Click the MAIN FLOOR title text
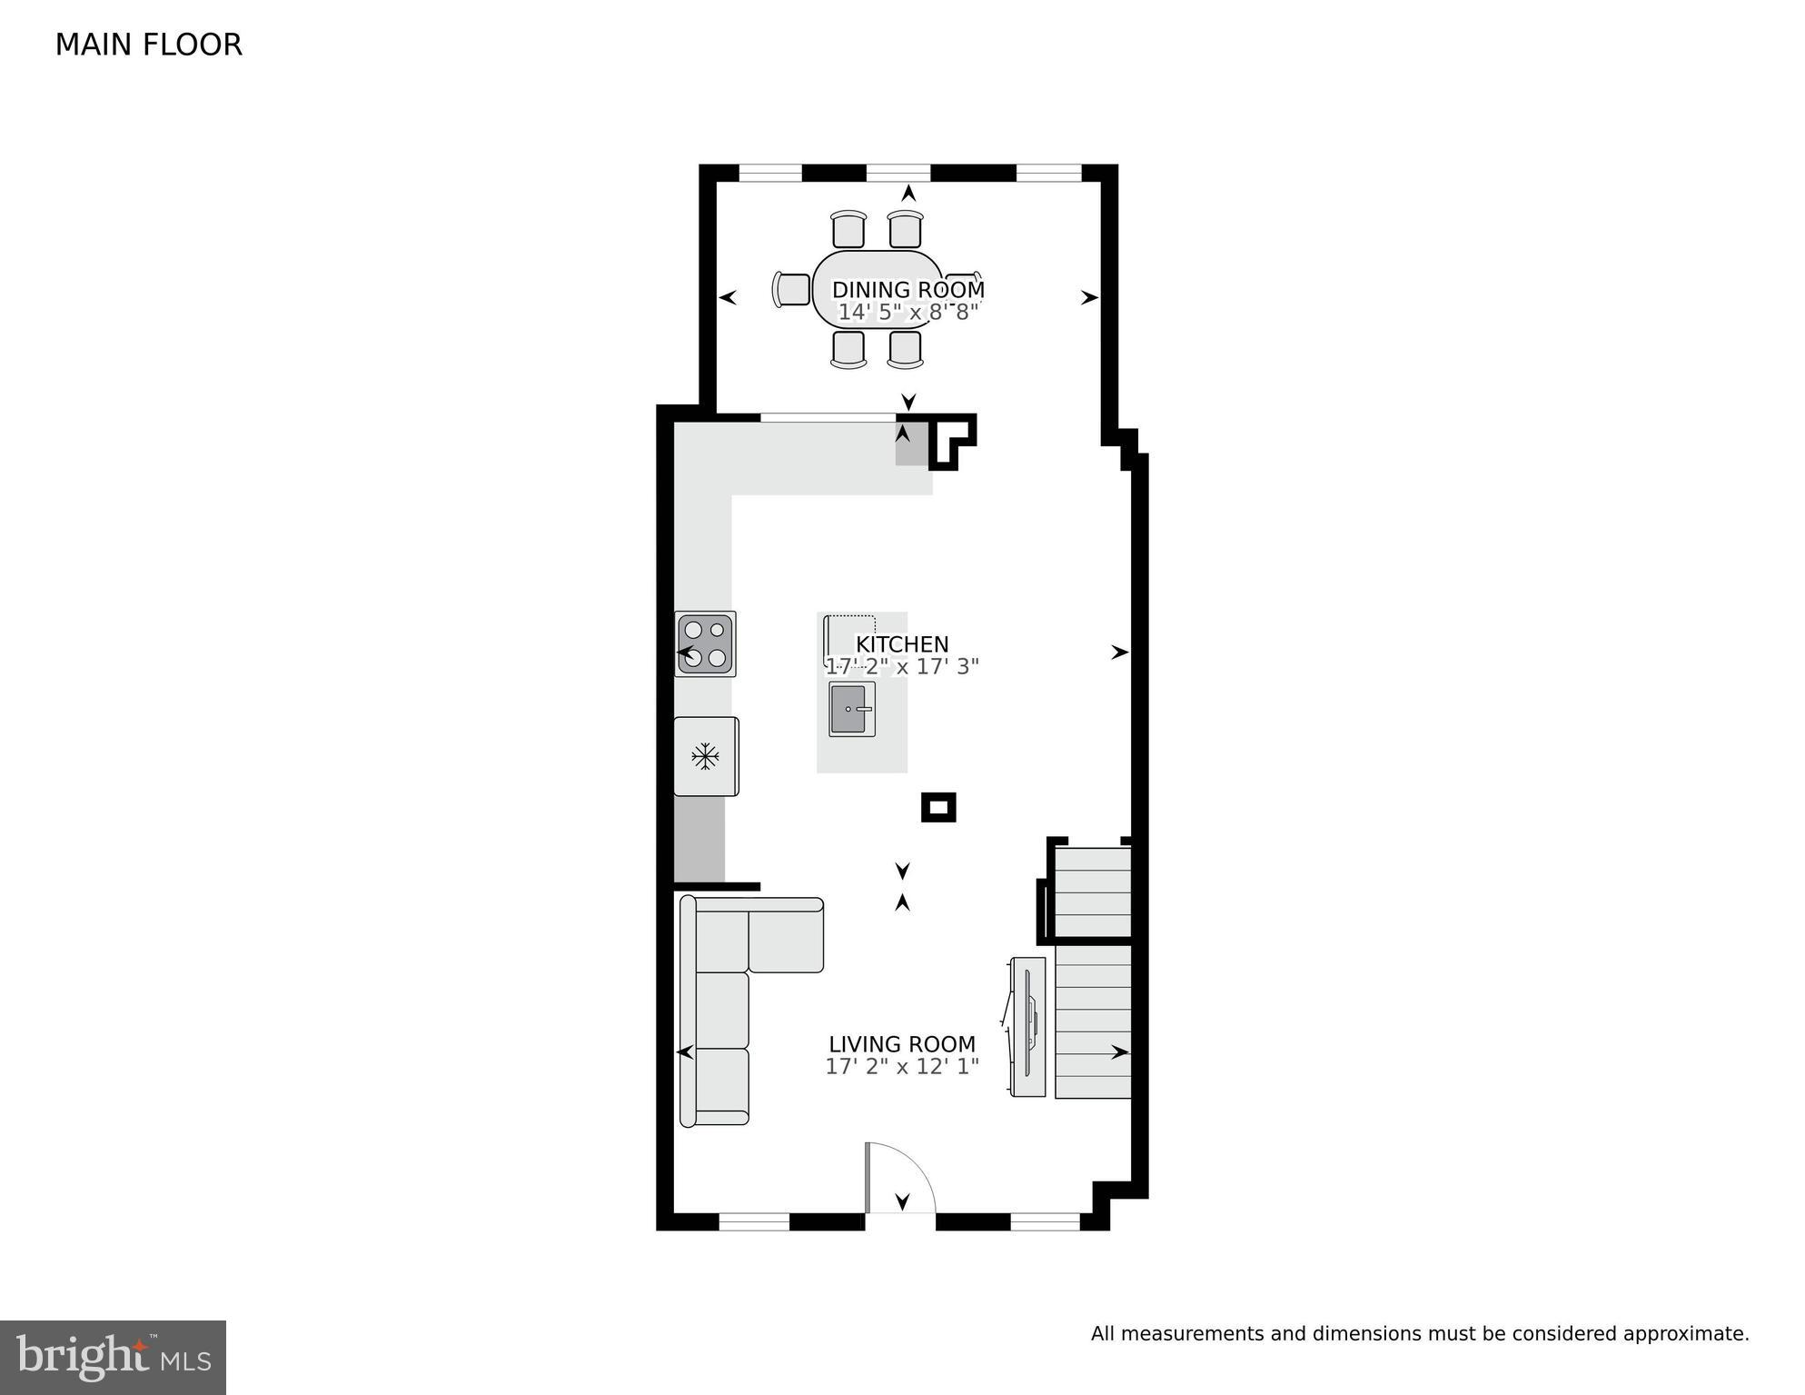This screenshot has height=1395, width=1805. point(148,45)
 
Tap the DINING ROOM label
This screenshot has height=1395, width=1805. point(907,290)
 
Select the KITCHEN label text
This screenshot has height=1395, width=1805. point(901,644)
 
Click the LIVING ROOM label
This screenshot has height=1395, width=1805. point(901,1044)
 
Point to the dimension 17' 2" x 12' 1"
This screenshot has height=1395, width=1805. point(901,1066)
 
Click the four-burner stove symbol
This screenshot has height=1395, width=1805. point(705,643)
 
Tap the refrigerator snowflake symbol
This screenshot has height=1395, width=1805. point(706,756)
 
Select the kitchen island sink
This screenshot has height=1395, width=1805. point(852,709)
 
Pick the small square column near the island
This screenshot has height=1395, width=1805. point(938,807)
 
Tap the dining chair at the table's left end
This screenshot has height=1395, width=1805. point(791,290)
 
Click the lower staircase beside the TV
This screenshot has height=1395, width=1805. point(1093,1021)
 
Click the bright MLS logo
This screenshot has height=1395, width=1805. point(113,1358)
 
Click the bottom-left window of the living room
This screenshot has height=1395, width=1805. point(754,1222)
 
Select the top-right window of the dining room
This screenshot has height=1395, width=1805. point(1047,173)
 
